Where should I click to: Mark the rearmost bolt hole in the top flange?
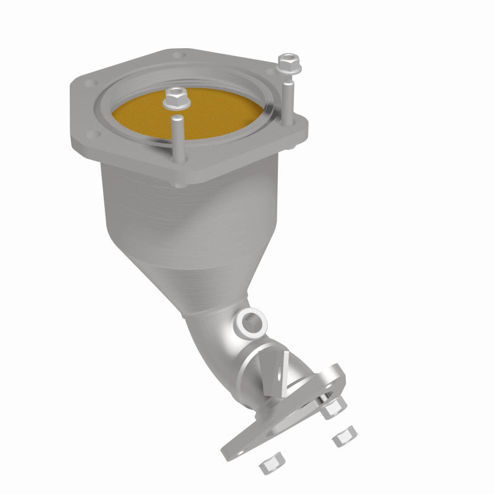(180, 56)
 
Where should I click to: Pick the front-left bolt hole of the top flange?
(91, 134)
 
